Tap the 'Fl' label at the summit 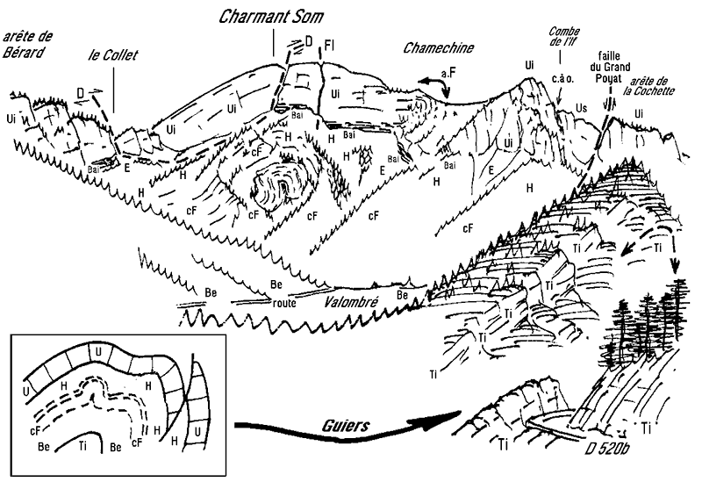point(330,44)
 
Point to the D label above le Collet point(80,90)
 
